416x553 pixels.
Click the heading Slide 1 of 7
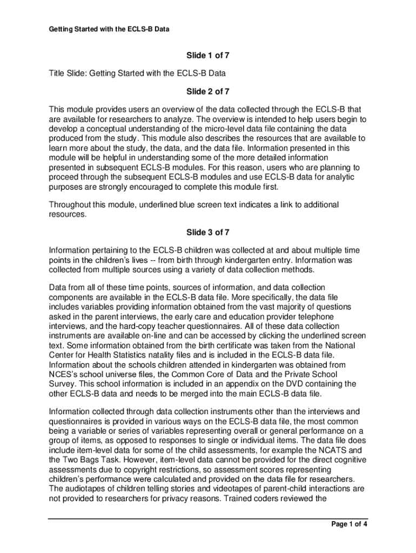(208, 55)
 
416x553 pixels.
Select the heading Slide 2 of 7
(208, 91)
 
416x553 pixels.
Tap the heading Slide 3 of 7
(208, 232)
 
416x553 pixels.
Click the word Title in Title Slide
(58, 73)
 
